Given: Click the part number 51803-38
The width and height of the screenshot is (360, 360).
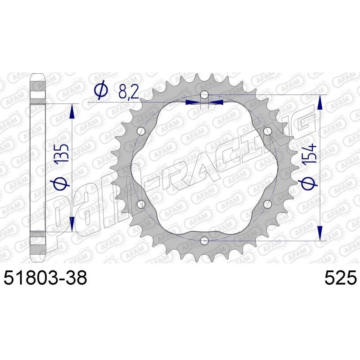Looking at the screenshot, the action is tap(45, 277).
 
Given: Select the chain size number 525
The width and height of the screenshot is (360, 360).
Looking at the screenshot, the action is tap(341, 277).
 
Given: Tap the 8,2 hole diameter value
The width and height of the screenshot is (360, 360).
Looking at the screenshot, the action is tap(129, 93).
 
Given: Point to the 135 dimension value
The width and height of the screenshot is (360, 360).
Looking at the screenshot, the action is tap(63, 153).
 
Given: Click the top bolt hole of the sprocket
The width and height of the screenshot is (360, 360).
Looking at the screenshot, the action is tap(204, 94).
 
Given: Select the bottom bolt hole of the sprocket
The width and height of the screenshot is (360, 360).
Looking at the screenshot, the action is tap(204, 241).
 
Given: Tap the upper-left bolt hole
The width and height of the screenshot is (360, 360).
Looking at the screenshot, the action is tap(141, 131).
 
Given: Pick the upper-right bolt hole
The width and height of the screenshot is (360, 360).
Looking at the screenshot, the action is tap(268, 131).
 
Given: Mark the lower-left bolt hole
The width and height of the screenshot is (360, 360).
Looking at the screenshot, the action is tap(141, 204).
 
